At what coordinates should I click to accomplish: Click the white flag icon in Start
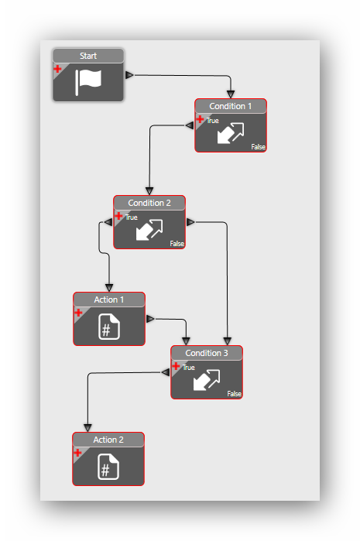point(88,82)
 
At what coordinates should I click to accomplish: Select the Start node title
point(88,56)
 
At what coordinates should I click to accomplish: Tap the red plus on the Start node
point(57,69)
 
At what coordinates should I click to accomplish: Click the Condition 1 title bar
point(231,106)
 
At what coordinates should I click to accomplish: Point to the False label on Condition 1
point(258,146)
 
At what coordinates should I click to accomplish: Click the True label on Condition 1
point(213,121)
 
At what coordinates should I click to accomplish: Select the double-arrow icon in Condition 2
point(149,230)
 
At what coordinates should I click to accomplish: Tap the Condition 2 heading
point(149,203)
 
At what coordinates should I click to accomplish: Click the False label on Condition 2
point(177,244)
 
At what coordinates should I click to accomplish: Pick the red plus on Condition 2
point(118,217)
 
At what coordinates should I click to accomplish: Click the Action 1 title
point(109,300)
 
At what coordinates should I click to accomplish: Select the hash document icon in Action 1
point(109,327)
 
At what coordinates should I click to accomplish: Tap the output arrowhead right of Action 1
point(150,319)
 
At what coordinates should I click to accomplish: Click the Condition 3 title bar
point(207,353)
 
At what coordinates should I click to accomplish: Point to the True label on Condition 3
point(188,368)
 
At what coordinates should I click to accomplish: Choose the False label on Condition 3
point(234,394)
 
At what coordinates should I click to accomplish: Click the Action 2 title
point(108,440)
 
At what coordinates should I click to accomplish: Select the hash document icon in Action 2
point(108,467)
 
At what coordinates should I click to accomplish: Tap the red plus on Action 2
point(77,453)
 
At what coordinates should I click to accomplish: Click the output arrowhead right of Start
point(129,75)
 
